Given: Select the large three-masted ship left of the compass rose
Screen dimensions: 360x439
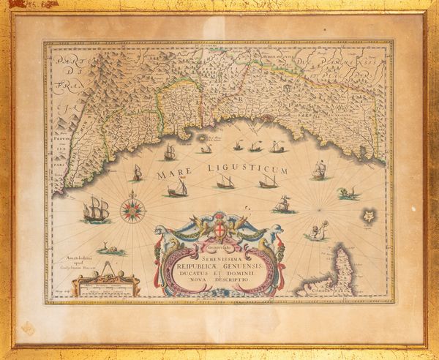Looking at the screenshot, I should [96, 210].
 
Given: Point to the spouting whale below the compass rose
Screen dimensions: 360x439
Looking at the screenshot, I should [111, 250].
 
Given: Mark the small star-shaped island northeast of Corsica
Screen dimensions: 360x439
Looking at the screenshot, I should [369, 217].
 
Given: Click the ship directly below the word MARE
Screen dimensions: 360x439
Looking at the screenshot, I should [177, 190].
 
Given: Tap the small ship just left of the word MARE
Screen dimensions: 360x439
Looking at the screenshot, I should [137, 173].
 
